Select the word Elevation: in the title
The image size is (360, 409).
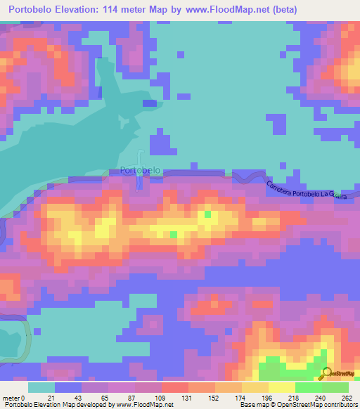tap(91, 10)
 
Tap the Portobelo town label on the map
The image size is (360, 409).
tap(141, 170)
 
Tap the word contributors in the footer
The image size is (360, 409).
tap(336, 404)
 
